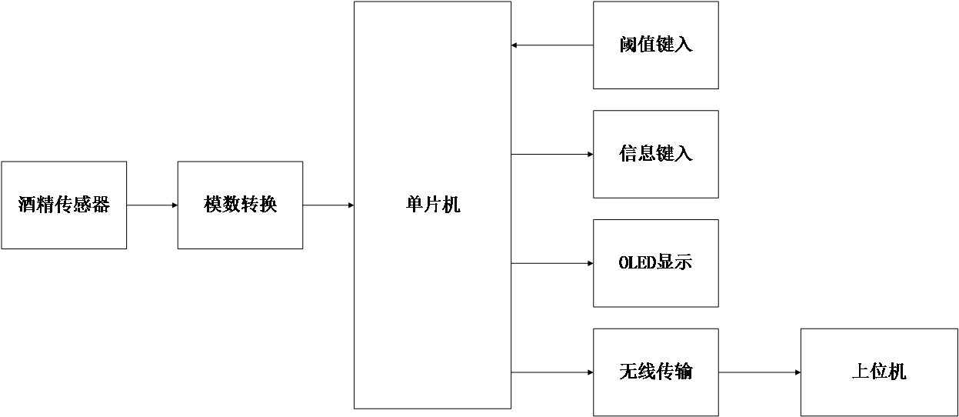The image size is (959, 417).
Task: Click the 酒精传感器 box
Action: click(x=64, y=205)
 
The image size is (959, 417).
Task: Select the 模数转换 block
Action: click(x=240, y=205)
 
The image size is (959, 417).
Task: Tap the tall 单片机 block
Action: click(x=432, y=205)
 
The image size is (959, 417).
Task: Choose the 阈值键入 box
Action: click(x=655, y=45)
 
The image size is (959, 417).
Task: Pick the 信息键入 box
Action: click(x=655, y=154)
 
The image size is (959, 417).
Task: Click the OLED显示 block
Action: click(x=655, y=263)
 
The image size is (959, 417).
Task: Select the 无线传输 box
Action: click(x=655, y=372)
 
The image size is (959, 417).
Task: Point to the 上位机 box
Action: click(x=879, y=372)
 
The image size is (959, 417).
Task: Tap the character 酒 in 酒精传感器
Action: click(x=28, y=205)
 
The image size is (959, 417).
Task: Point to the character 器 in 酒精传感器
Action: click(x=101, y=205)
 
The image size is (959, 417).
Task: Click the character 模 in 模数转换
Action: click(x=213, y=205)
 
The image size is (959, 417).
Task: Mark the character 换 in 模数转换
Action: click(x=268, y=205)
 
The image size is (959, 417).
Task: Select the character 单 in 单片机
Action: click(x=415, y=205)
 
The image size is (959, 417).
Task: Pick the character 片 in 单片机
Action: click(x=433, y=205)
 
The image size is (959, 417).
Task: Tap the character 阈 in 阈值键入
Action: click(x=628, y=45)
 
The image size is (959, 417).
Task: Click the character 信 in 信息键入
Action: click(x=628, y=154)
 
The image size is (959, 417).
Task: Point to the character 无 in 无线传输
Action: click(x=628, y=372)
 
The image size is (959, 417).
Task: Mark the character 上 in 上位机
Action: click(x=861, y=372)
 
